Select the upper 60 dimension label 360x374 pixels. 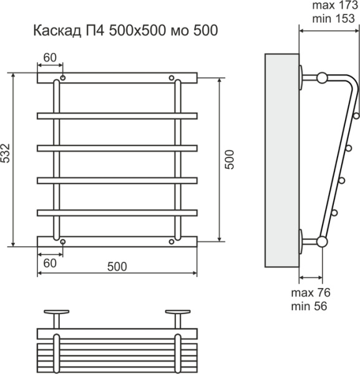(x=49, y=58)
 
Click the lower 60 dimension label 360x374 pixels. (x=49, y=264)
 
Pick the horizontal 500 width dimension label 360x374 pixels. (x=117, y=267)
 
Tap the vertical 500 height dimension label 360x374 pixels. (x=230, y=161)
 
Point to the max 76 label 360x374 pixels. (x=310, y=293)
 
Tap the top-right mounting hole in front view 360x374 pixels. (x=172, y=78)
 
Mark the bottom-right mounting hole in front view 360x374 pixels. (x=172, y=241)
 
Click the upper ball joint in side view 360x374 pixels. (x=322, y=78)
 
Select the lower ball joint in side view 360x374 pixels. (x=322, y=241)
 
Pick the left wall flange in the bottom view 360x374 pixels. (x=57, y=312)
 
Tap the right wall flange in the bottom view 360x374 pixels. (x=178, y=312)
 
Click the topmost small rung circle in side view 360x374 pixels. (x=356, y=115)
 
